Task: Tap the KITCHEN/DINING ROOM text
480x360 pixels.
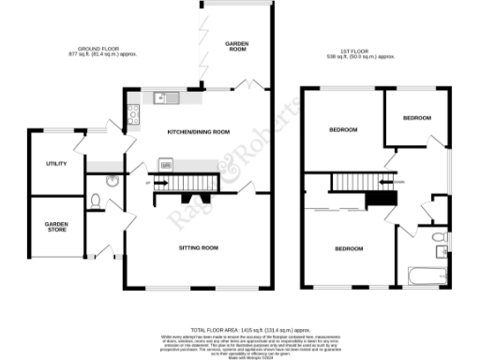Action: tap(198, 132)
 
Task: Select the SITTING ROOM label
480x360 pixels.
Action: tap(198, 247)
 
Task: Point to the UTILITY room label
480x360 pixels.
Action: tap(56, 164)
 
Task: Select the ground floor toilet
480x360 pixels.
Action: tap(97, 199)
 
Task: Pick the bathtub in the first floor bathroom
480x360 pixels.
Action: tap(430, 277)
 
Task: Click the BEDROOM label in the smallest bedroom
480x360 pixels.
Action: tap(416, 118)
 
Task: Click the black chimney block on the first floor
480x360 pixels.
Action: tap(379, 198)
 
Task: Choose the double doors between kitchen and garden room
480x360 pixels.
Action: tap(247, 87)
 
